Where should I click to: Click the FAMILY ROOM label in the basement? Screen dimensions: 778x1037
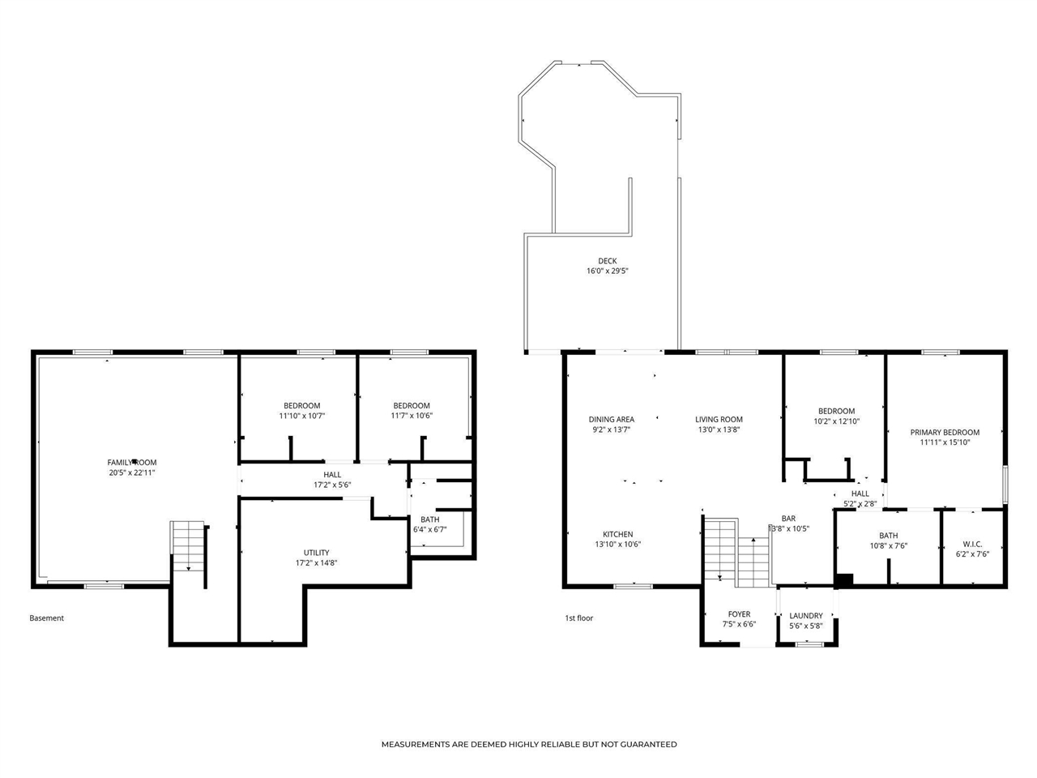tap(132, 463)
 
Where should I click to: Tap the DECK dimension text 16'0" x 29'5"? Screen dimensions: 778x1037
tap(608, 271)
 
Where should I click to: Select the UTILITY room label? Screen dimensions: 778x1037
tap(316, 553)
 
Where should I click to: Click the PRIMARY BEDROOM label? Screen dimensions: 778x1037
tap(945, 433)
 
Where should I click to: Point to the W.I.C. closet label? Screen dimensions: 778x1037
tap(972, 544)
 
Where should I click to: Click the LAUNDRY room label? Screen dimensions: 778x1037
tap(805, 616)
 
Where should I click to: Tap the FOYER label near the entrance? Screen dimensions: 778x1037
tap(739, 614)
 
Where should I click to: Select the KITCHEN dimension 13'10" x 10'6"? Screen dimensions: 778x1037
tap(617, 545)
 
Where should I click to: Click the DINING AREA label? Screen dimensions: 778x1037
tap(611, 420)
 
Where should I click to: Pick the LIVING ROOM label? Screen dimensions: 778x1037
tap(719, 420)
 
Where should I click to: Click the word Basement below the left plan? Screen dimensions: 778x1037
tap(46, 618)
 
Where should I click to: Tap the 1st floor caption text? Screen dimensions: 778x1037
tap(578, 618)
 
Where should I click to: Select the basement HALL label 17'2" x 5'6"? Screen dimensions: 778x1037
tap(332, 480)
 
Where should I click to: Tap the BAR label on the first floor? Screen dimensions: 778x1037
tap(788, 519)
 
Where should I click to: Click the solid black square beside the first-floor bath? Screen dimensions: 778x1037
tap(843, 580)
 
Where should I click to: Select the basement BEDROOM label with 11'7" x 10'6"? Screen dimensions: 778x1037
tap(412, 410)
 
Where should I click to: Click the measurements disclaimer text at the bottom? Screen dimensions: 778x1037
tap(529, 744)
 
